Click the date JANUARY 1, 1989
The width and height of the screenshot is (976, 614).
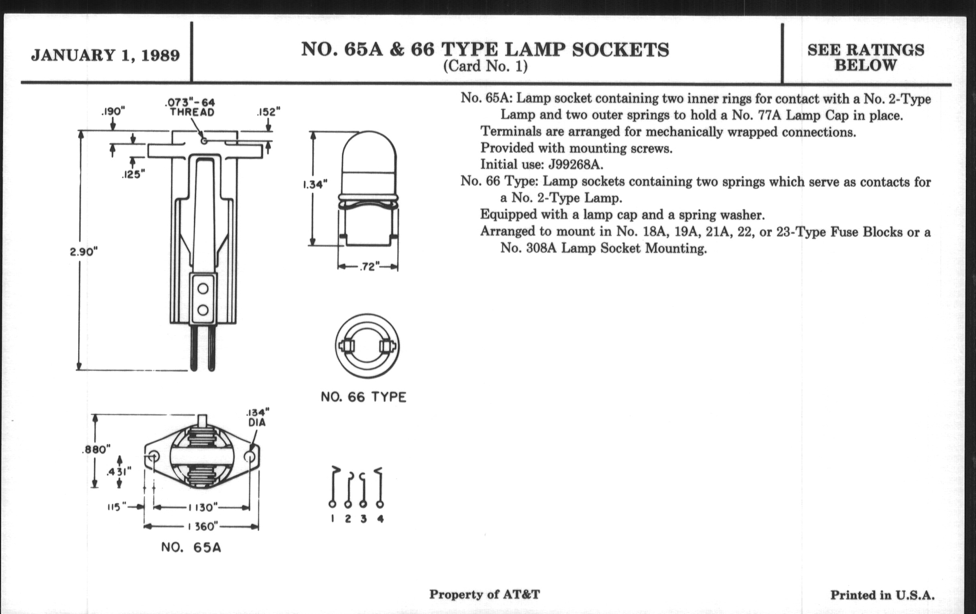click(x=106, y=55)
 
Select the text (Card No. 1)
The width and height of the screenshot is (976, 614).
click(x=485, y=66)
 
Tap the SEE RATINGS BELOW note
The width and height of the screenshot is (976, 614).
click(x=866, y=57)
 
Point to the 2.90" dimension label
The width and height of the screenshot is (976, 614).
click(x=84, y=252)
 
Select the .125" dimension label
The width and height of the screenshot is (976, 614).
click(x=133, y=174)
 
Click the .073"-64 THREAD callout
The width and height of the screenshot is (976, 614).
click(x=192, y=107)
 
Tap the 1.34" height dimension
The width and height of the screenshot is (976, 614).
click(x=315, y=185)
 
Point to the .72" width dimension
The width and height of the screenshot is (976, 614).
click(x=368, y=267)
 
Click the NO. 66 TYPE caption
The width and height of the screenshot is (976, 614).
click(x=363, y=397)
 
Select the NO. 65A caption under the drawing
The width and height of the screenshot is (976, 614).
click(x=191, y=547)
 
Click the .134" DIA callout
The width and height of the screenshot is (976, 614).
click(x=257, y=417)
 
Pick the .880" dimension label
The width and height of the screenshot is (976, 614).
click(x=96, y=449)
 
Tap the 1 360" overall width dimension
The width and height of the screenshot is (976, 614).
click(x=202, y=527)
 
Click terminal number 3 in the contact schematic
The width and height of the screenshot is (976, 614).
click(x=364, y=519)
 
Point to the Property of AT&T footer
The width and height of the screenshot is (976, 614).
click(x=484, y=595)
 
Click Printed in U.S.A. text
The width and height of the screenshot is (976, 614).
click(x=882, y=595)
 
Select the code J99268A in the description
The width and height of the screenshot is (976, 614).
click(x=575, y=165)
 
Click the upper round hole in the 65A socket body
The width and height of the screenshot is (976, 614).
click(x=203, y=289)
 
